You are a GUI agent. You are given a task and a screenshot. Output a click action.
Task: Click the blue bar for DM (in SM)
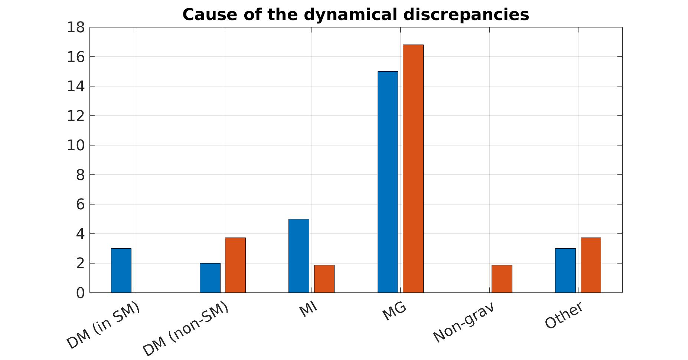[x=121, y=271]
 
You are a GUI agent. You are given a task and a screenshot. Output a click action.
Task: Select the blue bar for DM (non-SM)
[x=210, y=278]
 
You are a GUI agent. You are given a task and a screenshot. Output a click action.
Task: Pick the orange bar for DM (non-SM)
[x=235, y=265]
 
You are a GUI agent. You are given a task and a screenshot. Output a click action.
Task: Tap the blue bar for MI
[x=299, y=256]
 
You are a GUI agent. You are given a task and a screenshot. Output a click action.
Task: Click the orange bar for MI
[x=324, y=279]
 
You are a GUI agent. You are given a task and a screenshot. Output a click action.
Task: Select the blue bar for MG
[x=388, y=182]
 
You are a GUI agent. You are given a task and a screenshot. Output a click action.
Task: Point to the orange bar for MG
[x=413, y=168]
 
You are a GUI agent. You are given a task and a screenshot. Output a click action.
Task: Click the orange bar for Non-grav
[x=502, y=279]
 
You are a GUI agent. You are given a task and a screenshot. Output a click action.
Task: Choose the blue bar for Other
[x=565, y=271]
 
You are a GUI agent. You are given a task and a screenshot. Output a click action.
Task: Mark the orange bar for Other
[x=591, y=265]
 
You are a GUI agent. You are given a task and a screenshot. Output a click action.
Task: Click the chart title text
[x=356, y=15]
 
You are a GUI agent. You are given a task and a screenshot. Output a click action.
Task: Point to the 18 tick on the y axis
[x=76, y=27]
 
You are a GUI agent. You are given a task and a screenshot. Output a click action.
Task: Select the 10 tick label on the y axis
[x=76, y=145]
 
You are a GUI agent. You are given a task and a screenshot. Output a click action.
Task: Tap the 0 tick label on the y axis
[x=80, y=293]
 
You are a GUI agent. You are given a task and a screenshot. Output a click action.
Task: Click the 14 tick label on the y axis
[x=76, y=86]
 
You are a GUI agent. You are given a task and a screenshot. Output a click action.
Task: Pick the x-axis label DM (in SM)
[x=103, y=325]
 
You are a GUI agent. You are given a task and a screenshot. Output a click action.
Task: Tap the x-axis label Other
[x=564, y=315]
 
